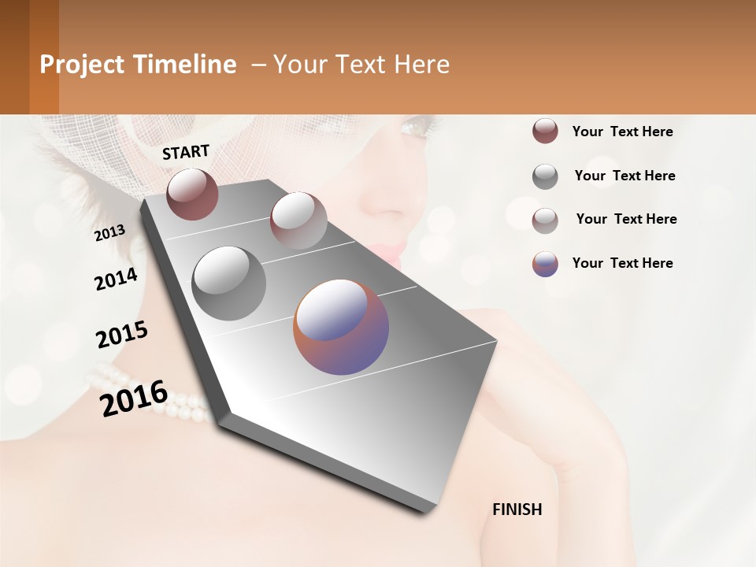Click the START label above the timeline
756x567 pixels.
(x=186, y=152)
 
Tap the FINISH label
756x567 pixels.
(x=517, y=510)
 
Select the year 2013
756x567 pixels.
(x=110, y=232)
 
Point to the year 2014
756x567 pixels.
(x=116, y=280)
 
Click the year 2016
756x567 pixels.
(x=134, y=398)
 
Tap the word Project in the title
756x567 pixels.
(x=83, y=65)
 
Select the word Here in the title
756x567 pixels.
(x=421, y=65)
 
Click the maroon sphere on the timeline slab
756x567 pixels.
(x=192, y=194)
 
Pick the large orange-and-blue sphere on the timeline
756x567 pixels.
(x=341, y=327)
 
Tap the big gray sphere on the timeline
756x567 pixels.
(x=229, y=283)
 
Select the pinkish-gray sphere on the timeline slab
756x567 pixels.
(x=298, y=220)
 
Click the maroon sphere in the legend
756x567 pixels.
(x=545, y=132)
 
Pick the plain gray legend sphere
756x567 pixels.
(x=545, y=176)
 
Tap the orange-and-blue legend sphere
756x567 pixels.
(x=545, y=264)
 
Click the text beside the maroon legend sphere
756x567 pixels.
(x=622, y=132)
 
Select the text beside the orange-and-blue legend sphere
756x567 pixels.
(x=622, y=263)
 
